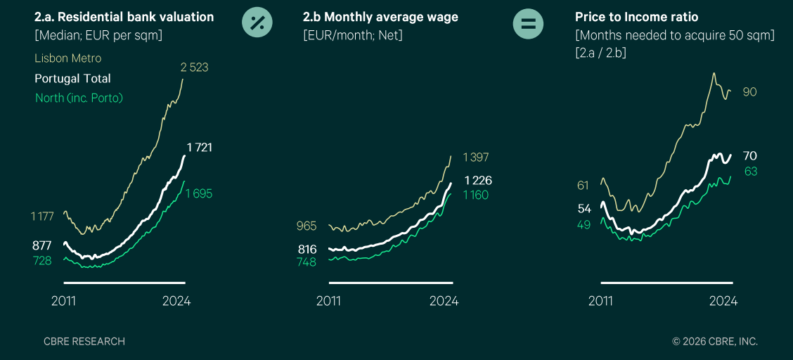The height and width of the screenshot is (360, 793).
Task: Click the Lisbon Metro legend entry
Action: [x=67, y=58]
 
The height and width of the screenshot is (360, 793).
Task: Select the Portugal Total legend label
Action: [x=72, y=78]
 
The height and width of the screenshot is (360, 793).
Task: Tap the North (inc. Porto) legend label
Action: [x=79, y=98]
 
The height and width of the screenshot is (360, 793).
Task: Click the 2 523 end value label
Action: [x=195, y=67]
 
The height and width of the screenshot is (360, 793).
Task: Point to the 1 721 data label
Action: [x=199, y=148]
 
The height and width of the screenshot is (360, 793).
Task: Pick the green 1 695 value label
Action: [x=199, y=193]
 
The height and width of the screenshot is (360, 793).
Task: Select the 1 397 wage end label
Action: [x=476, y=157]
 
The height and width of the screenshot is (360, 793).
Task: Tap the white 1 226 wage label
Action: [x=479, y=181]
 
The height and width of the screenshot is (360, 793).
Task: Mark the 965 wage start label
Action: [x=307, y=226]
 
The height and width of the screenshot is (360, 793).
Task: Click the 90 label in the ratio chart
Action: [x=750, y=92]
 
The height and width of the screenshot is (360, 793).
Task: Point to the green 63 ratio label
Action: [x=751, y=172]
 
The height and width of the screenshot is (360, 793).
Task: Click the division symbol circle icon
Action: [x=257, y=22]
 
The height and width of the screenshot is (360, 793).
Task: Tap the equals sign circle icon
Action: [x=528, y=22]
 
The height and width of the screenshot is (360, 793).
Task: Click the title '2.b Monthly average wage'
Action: [x=380, y=17]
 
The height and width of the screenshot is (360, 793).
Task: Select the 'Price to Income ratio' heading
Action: [x=637, y=17]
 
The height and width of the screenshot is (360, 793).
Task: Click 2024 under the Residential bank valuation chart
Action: [x=176, y=302]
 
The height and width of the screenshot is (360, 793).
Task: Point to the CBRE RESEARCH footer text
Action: [x=84, y=342]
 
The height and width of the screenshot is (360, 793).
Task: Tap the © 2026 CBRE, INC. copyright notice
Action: [x=715, y=342]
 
